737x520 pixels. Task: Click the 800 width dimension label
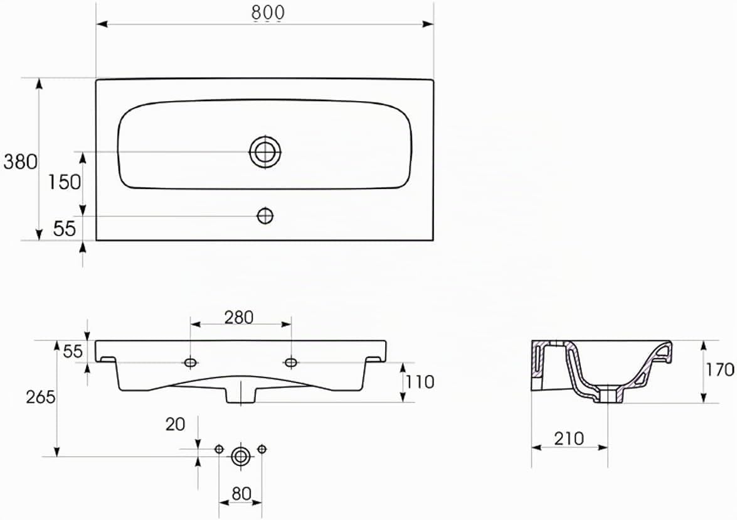(x=268, y=13)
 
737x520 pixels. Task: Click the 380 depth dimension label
(x=20, y=162)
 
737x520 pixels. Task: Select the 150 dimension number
(x=65, y=182)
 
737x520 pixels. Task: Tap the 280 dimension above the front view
(x=239, y=318)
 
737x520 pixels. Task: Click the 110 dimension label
(x=420, y=382)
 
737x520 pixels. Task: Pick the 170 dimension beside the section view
(x=719, y=369)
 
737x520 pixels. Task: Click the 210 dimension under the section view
(x=569, y=438)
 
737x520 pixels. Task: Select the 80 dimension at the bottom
(x=241, y=494)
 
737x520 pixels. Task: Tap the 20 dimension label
(x=175, y=425)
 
